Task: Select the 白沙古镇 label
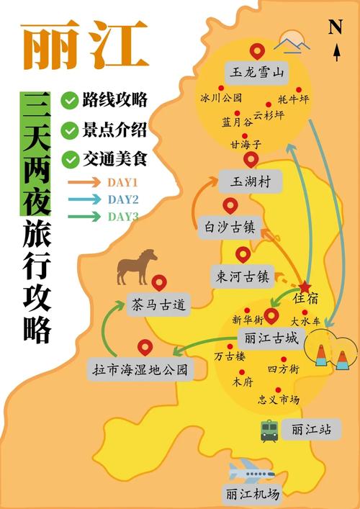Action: [x=230, y=228]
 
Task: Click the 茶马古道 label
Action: [x=158, y=305]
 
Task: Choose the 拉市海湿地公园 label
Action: [x=140, y=371]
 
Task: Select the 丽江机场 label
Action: [x=251, y=494]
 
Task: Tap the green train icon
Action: [x=269, y=431]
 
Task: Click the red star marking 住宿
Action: [x=305, y=287]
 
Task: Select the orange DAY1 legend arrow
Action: [x=85, y=183]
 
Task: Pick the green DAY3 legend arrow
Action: [x=85, y=216]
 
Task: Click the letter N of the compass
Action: [x=335, y=27]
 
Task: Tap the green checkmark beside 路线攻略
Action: [x=70, y=100]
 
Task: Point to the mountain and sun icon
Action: [x=294, y=42]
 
